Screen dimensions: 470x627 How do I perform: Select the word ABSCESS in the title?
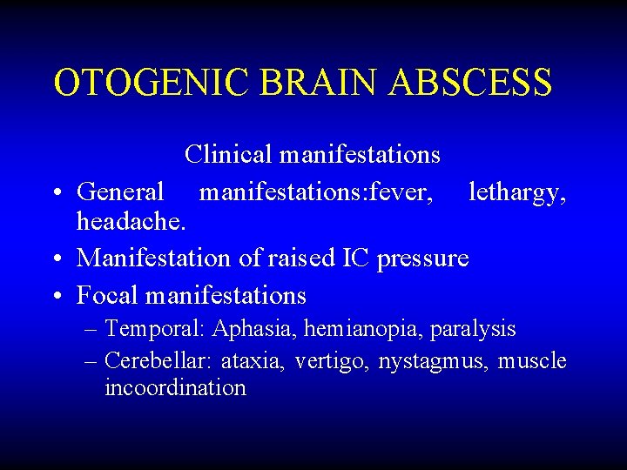tap(471, 84)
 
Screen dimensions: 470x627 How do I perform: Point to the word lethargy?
tap(517, 191)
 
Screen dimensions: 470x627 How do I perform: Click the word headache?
tap(130, 222)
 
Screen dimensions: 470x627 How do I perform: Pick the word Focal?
tap(108, 296)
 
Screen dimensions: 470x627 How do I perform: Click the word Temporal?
tap(154, 330)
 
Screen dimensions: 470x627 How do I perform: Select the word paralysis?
tap(477, 330)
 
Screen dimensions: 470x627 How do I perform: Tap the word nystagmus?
tap(433, 361)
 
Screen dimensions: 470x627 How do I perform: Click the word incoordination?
tap(175, 388)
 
